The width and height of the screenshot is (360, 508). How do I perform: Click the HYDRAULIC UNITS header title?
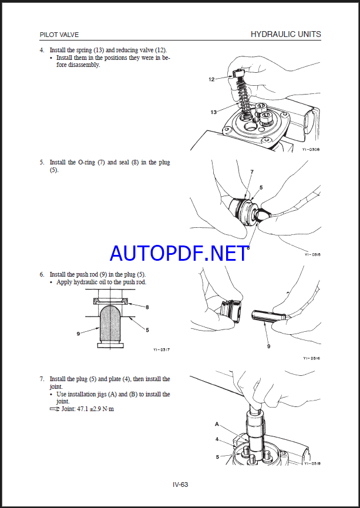(x=285, y=35)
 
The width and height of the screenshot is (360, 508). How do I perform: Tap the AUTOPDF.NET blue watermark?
(x=179, y=253)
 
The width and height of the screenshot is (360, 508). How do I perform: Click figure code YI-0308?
(x=311, y=150)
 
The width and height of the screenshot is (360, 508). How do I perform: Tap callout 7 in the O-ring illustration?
(x=251, y=172)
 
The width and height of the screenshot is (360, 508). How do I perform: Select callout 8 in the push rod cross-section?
(x=147, y=307)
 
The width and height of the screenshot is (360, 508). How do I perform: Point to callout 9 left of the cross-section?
(x=78, y=334)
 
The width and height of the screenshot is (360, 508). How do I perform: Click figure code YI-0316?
(x=311, y=358)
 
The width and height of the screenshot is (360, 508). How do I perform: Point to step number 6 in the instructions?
(x=42, y=274)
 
